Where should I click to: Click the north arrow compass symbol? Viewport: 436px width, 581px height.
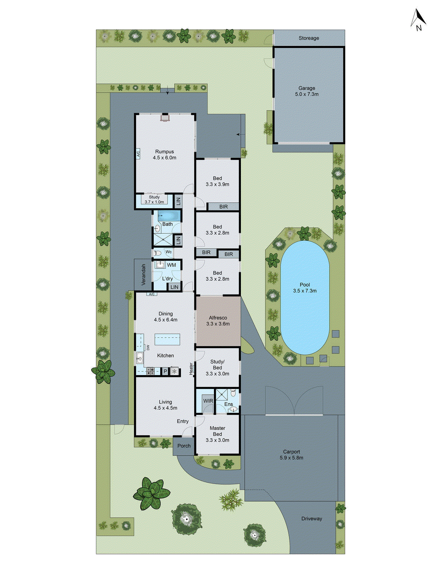(x=418, y=20)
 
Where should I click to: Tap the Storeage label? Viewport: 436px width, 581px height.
(x=309, y=38)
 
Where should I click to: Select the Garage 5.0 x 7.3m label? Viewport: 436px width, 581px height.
(x=307, y=91)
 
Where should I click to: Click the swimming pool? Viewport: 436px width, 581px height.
(x=304, y=298)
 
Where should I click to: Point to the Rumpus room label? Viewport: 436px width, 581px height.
(x=165, y=155)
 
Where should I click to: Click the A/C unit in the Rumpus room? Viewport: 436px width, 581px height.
(x=138, y=154)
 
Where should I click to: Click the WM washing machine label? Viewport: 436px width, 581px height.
(x=171, y=265)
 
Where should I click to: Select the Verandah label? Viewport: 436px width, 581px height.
(x=143, y=275)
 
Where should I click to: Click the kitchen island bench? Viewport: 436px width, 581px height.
(x=167, y=340)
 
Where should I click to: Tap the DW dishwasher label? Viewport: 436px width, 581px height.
(x=148, y=348)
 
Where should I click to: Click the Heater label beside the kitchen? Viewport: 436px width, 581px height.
(x=191, y=369)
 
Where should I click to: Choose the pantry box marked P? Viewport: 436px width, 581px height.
(x=165, y=371)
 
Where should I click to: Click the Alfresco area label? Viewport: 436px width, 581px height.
(x=218, y=321)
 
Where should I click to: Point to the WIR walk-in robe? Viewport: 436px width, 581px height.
(x=208, y=401)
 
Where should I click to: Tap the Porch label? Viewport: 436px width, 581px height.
(x=184, y=446)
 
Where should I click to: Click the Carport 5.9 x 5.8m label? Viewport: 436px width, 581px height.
(x=291, y=455)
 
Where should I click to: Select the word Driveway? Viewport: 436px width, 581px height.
(x=312, y=519)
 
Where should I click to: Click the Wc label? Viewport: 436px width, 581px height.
(x=169, y=252)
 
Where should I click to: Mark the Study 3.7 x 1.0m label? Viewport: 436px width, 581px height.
(x=154, y=199)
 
